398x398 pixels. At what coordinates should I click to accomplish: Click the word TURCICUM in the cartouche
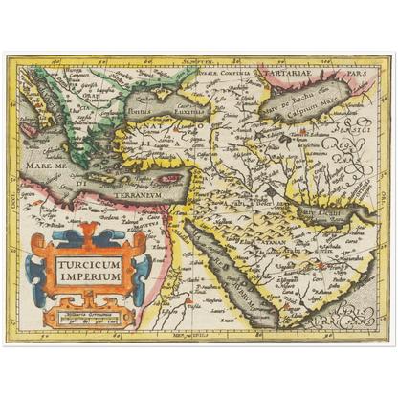87,261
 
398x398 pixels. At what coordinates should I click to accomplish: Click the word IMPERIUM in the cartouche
87,276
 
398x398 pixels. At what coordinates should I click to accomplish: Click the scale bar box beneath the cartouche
87,312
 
